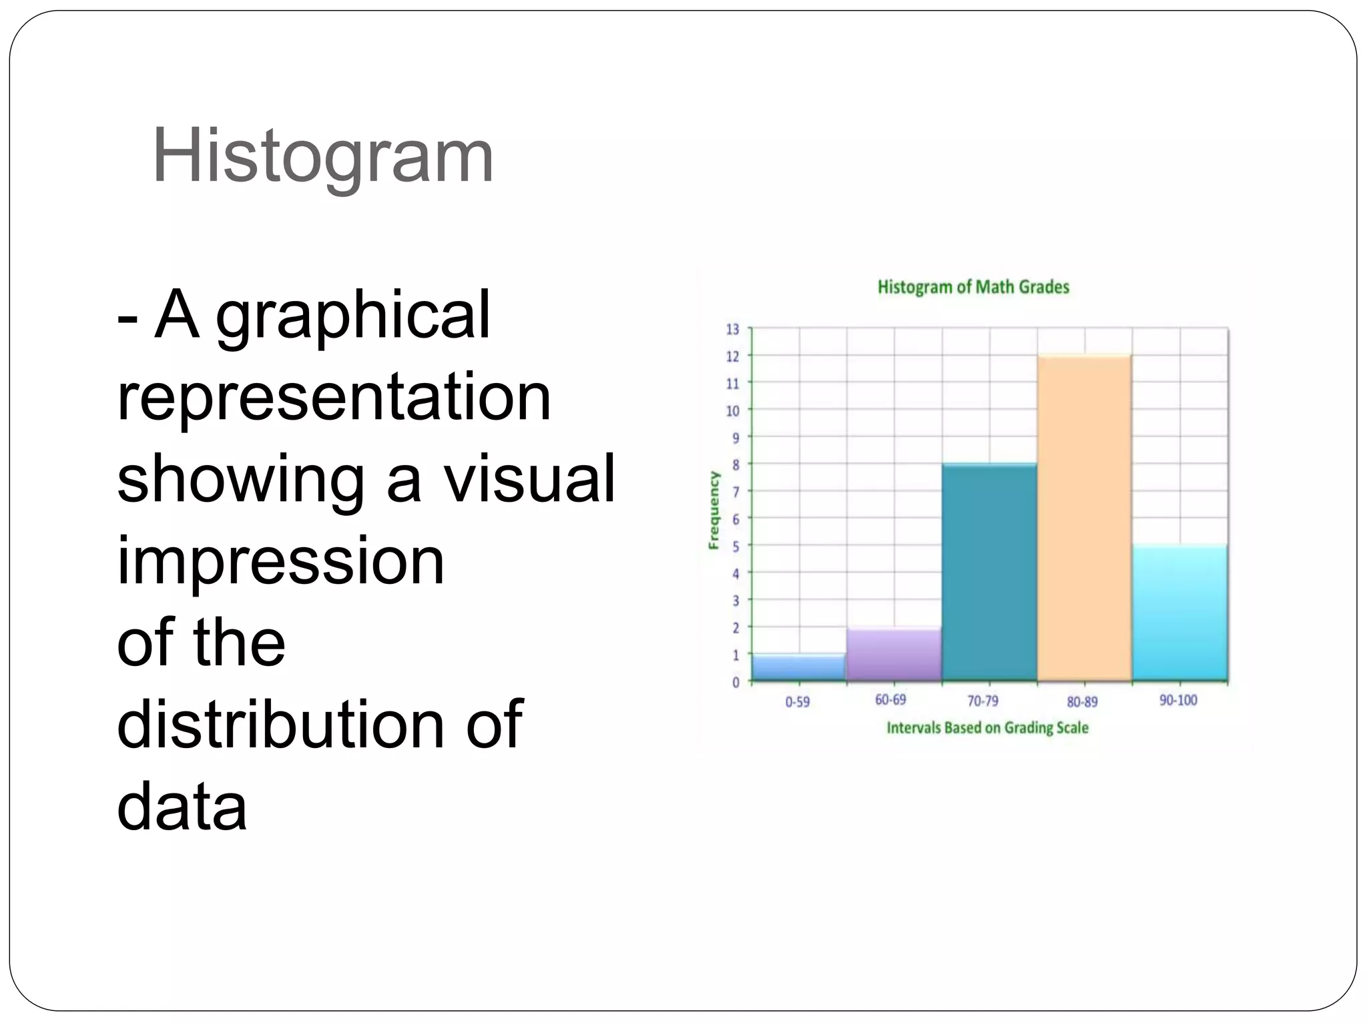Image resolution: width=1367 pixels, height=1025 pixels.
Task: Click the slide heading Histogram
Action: click(322, 156)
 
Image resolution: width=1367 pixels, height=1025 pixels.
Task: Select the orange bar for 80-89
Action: click(1084, 518)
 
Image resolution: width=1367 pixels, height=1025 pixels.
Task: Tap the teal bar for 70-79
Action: click(989, 572)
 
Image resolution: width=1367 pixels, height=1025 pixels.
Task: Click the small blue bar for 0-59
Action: click(798, 668)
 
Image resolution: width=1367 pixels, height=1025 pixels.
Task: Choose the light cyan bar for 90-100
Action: click(1179, 613)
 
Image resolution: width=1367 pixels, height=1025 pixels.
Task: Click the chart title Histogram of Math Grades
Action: click(973, 287)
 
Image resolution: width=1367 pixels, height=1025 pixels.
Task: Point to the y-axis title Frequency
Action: click(714, 510)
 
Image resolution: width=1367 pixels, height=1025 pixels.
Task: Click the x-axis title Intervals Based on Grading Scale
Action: click(987, 727)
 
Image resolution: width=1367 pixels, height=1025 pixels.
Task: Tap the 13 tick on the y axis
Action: click(733, 329)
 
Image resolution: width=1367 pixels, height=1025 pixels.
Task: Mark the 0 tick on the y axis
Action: click(736, 682)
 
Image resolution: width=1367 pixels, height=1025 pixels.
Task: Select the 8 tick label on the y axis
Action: click(736, 464)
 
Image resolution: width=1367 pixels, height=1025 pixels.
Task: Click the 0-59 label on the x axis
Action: click(797, 701)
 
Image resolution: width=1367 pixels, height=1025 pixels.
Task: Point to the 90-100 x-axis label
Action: click(1178, 700)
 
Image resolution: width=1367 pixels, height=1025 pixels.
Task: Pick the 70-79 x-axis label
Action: click(983, 701)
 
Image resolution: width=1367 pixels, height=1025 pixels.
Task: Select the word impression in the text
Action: click(280, 561)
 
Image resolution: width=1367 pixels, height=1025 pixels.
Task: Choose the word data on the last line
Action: click(182, 806)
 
